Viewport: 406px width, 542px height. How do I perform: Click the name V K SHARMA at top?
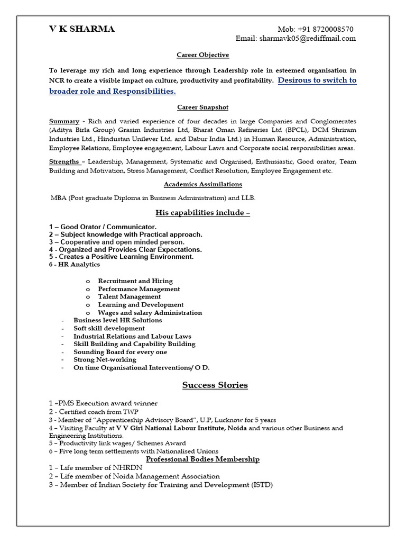(81, 29)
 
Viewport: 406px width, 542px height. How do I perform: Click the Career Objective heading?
(202, 55)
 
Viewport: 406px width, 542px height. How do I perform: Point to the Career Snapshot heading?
(202, 107)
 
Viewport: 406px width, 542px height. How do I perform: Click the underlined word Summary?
(64, 121)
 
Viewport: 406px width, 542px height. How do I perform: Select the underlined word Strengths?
(64, 161)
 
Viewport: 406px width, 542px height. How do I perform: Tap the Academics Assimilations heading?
(202, 184)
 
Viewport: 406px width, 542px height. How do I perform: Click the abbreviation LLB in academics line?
(248, 197)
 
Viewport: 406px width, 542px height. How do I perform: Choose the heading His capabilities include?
(202, 213)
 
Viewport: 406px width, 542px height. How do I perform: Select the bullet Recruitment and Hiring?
(135, 281)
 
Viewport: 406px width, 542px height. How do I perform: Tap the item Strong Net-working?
(105, 360)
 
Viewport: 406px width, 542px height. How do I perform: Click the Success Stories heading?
(215, 385)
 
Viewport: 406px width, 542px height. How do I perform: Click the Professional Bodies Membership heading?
(202, 459)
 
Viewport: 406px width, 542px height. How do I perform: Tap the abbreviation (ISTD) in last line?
(261, 485)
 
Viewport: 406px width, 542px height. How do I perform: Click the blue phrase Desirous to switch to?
(317, 80)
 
